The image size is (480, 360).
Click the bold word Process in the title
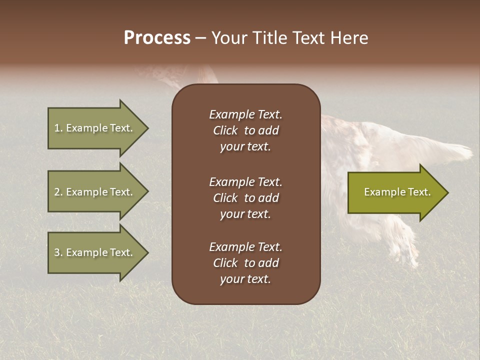(157, 38)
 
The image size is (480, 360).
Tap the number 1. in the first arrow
(58, 128)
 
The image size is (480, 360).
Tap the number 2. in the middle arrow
(58, 192)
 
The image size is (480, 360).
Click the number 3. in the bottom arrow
(58, 252)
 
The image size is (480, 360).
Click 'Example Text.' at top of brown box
(245, 114)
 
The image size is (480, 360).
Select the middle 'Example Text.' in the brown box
(245, 182)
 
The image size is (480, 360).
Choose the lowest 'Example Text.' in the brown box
(245, 247)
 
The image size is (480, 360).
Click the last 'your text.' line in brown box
(245, 279)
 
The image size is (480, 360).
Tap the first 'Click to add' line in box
(245, 130)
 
